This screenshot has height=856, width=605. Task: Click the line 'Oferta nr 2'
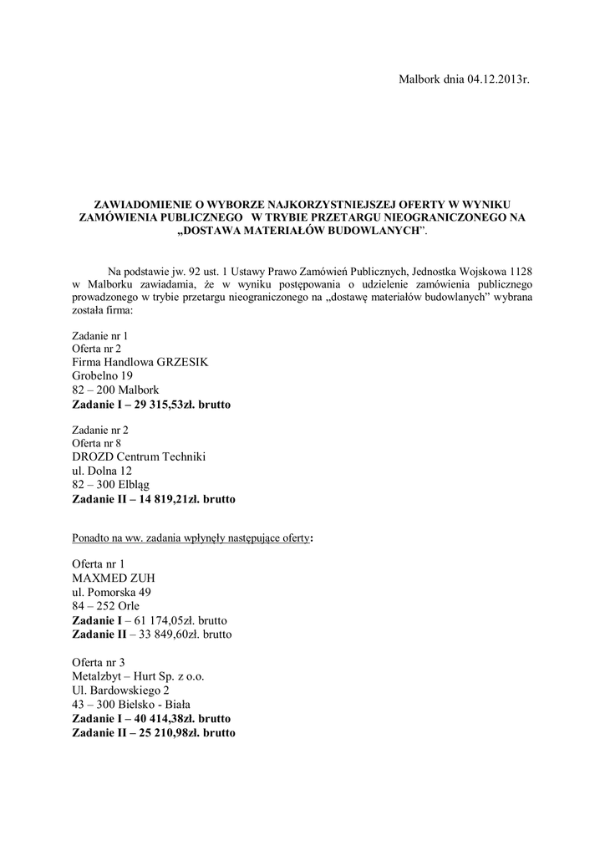[97, 348]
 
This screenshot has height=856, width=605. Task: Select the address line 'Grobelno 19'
[103, 376]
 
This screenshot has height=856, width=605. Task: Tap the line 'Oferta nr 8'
[97, 442]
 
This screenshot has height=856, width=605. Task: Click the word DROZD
[95, 456]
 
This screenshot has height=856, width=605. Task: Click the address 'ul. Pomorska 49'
[112, 592]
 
